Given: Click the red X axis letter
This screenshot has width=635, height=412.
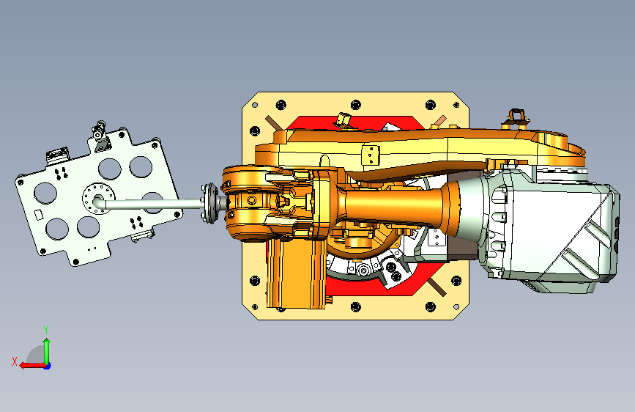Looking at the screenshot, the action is coord(15,361).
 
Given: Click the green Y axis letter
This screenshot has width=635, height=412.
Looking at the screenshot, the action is coord(46,330).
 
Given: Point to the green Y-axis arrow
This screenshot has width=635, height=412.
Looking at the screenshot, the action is coord(47,352).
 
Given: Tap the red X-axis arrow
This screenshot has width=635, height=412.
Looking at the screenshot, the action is coord(33,366).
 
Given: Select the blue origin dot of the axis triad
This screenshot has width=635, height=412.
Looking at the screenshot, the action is coord(48,366).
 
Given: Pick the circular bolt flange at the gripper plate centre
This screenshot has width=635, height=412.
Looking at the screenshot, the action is coord(98,198).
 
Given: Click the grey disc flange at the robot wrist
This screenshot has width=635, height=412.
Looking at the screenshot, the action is coord(209,203).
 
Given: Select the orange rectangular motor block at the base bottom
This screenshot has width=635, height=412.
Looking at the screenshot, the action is coord(296,273).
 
